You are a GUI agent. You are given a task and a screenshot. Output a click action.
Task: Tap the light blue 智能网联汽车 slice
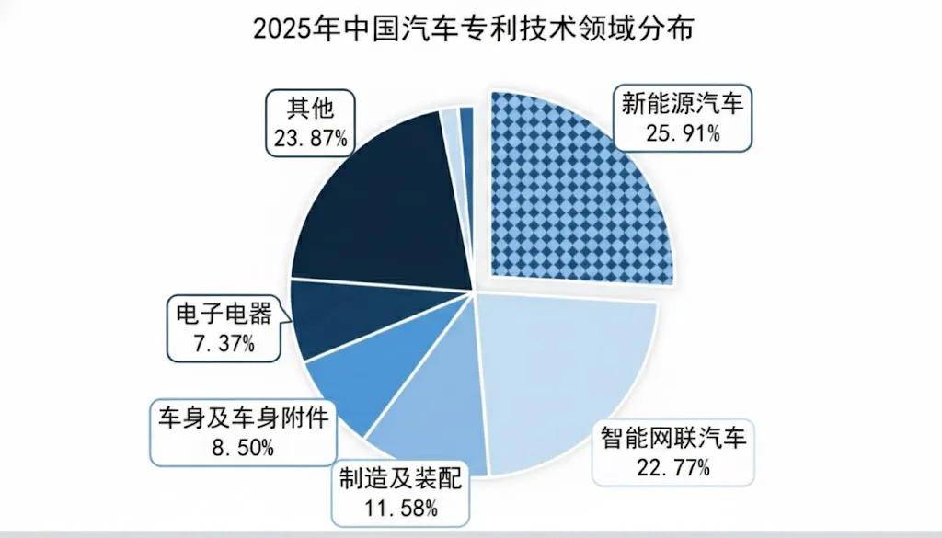tap(561, 368)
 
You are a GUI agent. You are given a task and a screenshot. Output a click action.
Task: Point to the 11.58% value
tap(400, 507)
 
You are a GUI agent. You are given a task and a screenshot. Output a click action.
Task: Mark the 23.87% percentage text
tap(309, 139)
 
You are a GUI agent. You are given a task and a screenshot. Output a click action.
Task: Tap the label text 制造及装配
tap(400, 478)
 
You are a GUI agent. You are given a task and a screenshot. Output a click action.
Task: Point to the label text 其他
tap(309, 109)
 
